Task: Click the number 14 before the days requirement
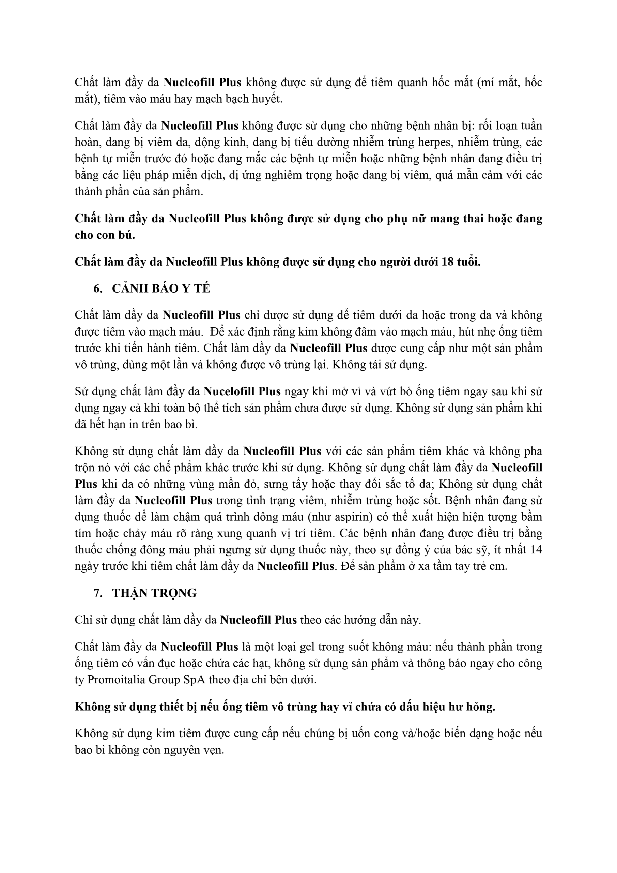coord(535,550)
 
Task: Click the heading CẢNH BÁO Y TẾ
coord(161,288)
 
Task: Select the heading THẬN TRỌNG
coord(154,593)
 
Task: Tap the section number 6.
coord(98,288)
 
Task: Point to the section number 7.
coord(98,593)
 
